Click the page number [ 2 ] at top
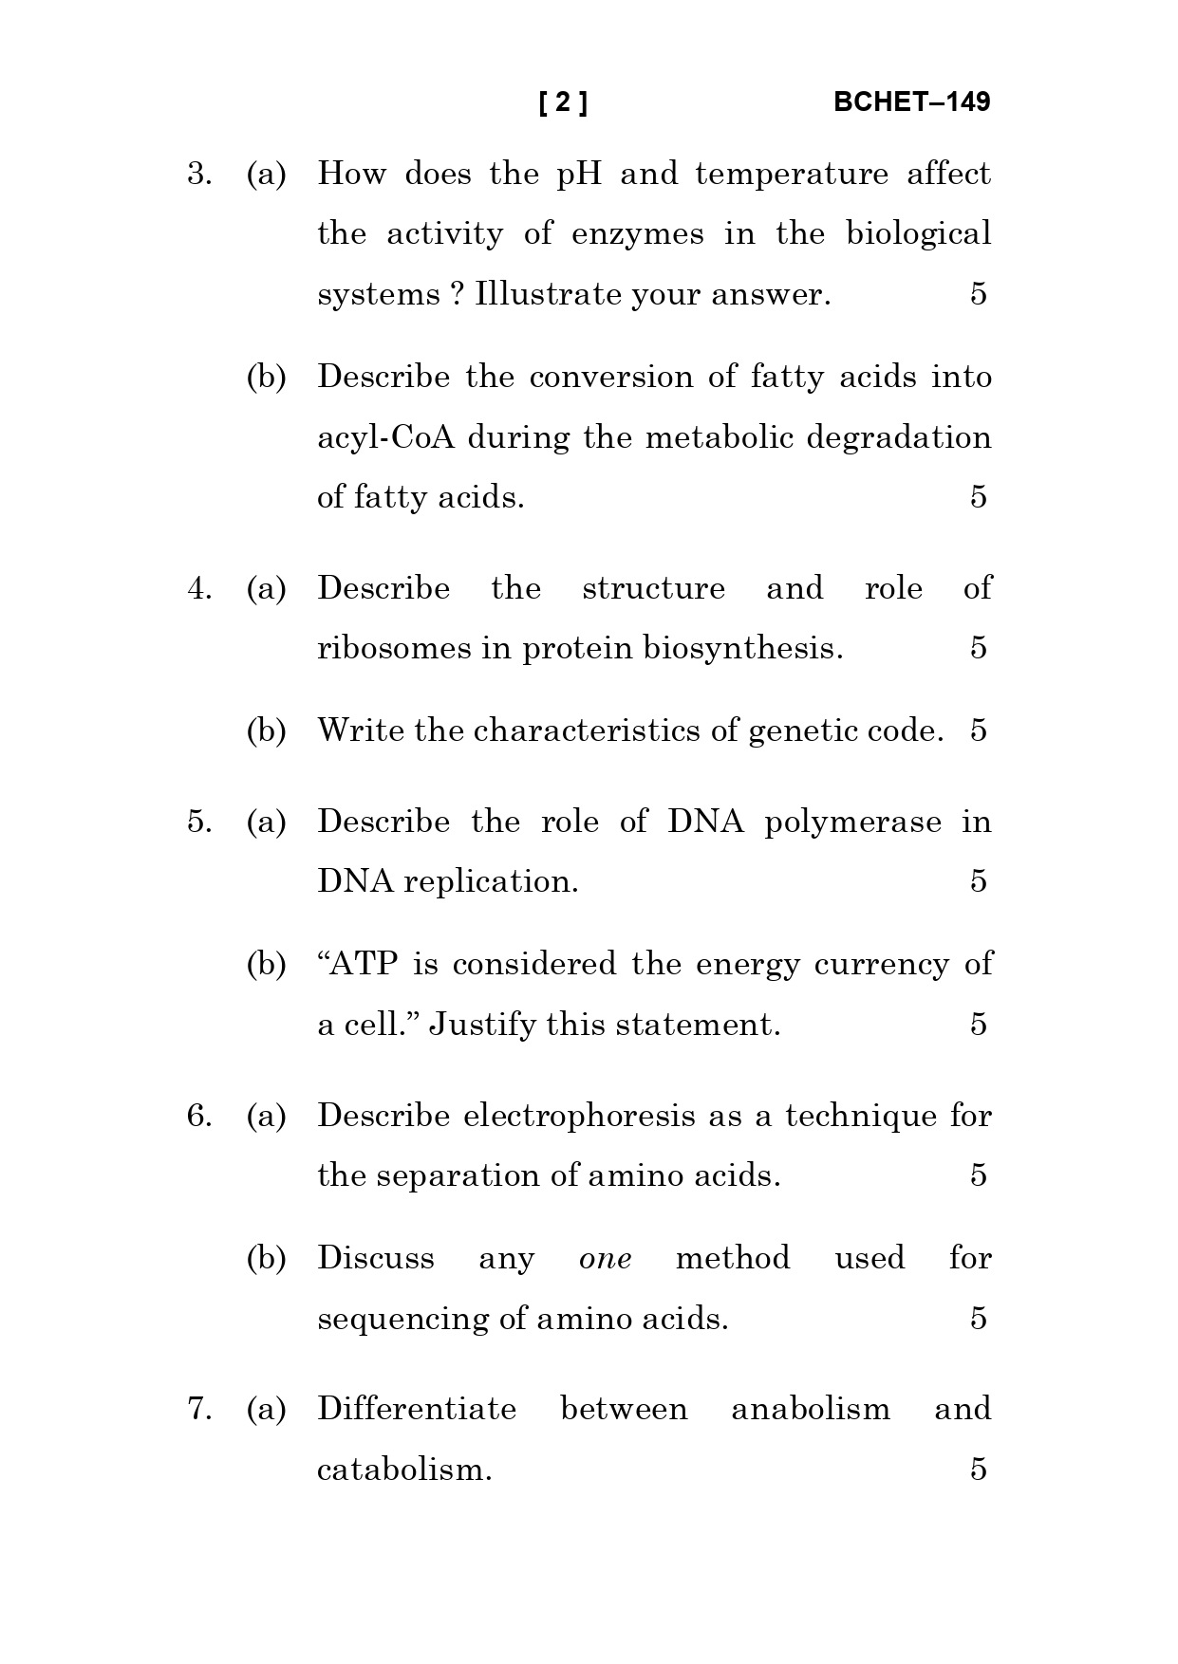point(563,102)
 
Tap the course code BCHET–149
point(911,102)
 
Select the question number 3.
point(198,175)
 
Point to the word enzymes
point(638,234)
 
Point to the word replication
point(491,882)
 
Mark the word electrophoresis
point(580,1116)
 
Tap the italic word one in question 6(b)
point(606,1259)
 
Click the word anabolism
point(811,1410)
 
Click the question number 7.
point(198,1410)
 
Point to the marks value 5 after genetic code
point(979,730)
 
